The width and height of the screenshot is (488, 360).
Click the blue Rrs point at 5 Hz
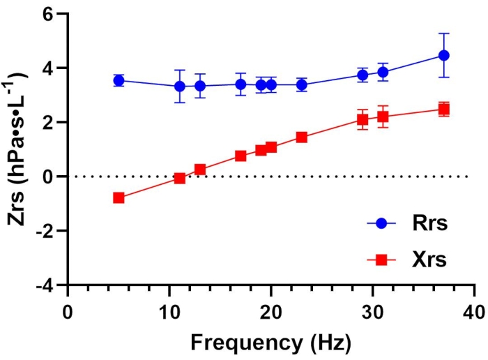pos(119,80)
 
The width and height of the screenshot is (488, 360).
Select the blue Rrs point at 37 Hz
pos(443,55)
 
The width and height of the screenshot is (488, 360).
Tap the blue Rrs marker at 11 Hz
pos(180,87)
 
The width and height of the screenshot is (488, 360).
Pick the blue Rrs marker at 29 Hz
pos(363,75)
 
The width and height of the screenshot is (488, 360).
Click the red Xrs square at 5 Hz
pos(119,198)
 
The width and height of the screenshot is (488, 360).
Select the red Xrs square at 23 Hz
pos(301,137)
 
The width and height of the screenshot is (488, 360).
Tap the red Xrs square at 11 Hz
pos(180,178)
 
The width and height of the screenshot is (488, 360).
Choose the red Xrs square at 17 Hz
pos(241,156)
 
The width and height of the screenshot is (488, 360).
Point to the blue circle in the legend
pos(381,224)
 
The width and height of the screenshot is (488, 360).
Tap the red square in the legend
pos(381,260)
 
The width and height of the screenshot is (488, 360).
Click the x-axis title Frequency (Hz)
pos(270,343)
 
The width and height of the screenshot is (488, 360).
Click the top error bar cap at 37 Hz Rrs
pos(443,33)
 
